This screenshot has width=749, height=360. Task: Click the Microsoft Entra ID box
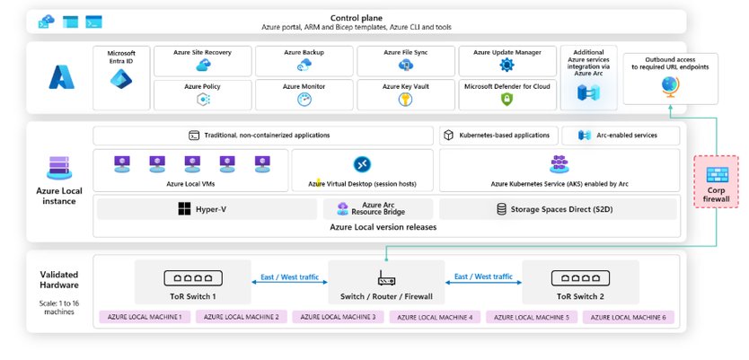120,77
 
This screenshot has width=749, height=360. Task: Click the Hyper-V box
206,209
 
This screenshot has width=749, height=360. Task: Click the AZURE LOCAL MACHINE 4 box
436,317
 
